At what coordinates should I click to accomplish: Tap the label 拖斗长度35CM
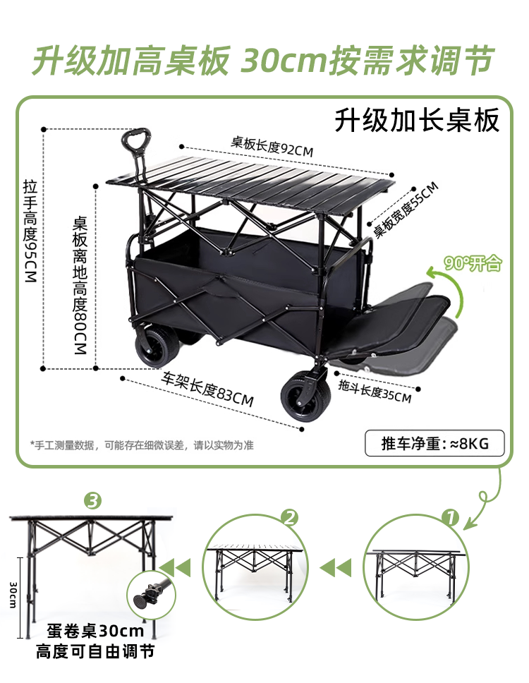pos(375,391)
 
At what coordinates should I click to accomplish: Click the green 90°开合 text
pos(473,264)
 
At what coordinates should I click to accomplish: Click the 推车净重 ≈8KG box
pos(434,444)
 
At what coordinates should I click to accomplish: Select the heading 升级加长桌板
pos(417,121)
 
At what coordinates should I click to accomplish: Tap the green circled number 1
pos(451,517)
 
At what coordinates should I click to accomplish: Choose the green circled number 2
pos(290,517)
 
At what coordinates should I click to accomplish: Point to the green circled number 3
pos(92,502)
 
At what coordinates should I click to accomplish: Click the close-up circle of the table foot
pos(148,594)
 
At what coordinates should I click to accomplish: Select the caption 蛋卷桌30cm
pos(95,631)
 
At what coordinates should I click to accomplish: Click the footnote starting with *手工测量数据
pos(142,445)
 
